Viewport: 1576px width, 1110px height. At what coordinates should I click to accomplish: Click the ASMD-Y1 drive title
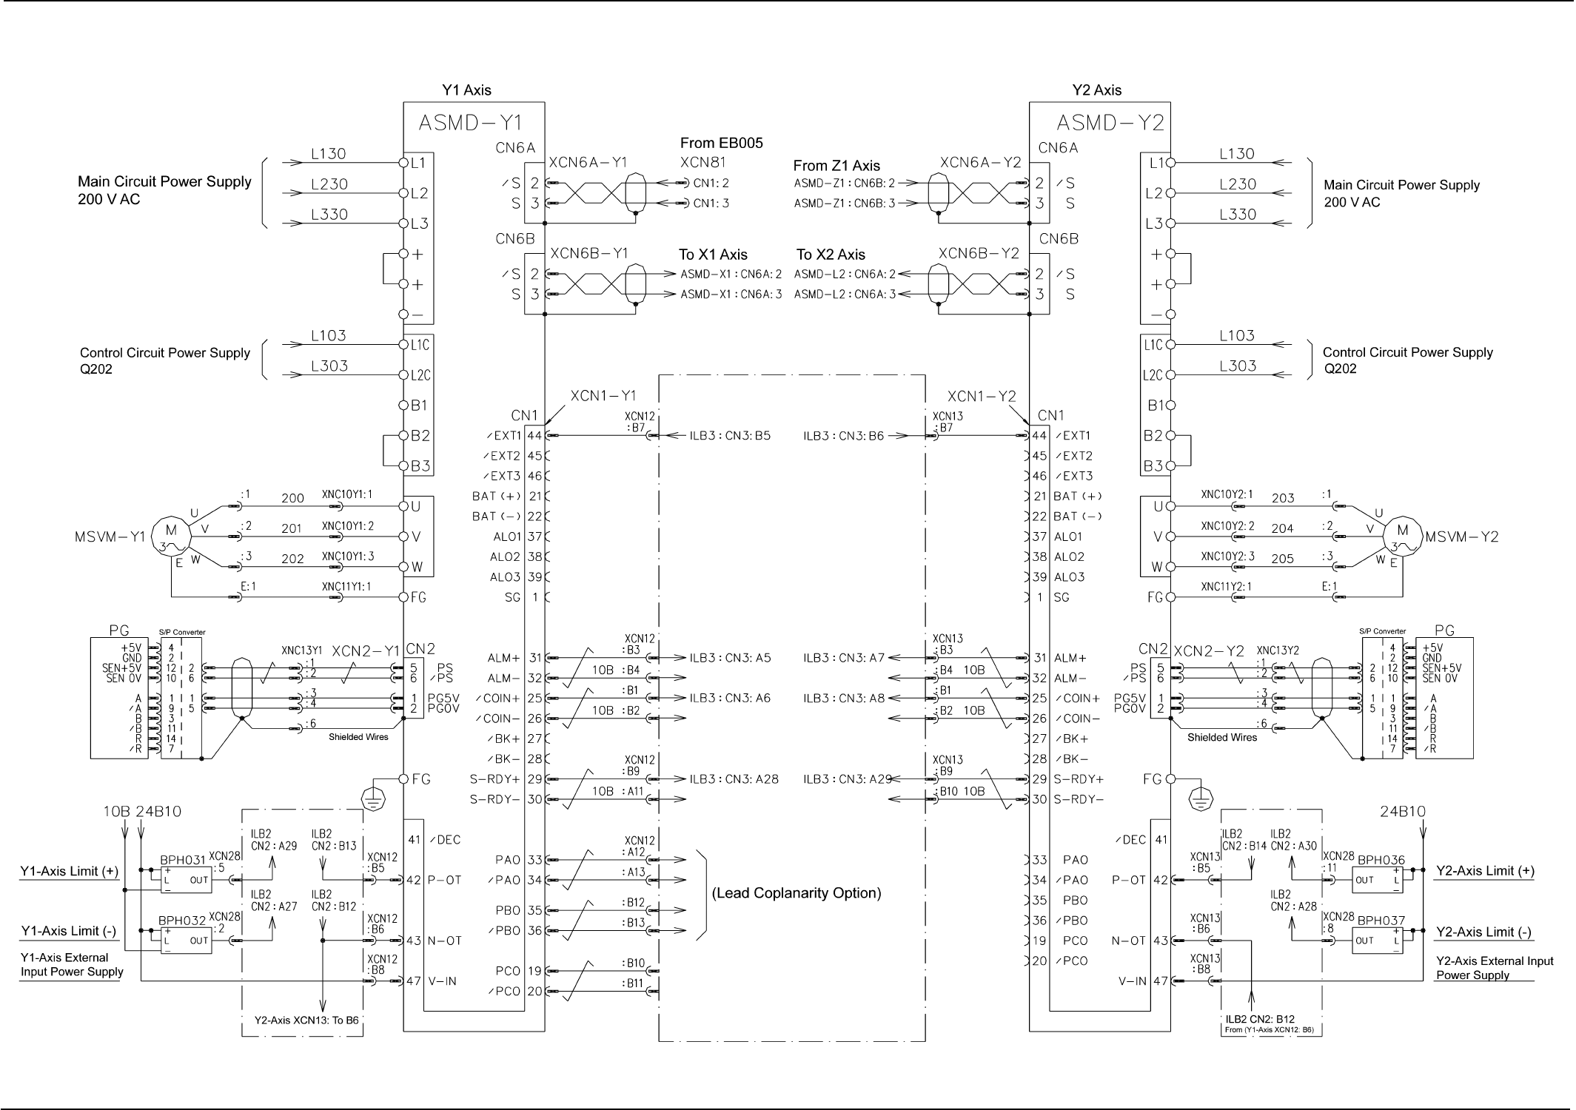[x=471, y=122]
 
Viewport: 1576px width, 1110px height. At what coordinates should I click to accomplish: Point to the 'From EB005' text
[x=721, y=143]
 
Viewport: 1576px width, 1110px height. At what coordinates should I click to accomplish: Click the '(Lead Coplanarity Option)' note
[x=797, y=893]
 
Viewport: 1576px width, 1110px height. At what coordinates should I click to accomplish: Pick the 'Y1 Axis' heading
[x=466, y=90]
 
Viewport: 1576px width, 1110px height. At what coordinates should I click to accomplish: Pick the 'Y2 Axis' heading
[x=1096, y=90]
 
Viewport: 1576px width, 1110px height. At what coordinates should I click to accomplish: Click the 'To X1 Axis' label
[x=713, y=255]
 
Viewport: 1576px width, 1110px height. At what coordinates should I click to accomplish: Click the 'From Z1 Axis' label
[x=836, y=166]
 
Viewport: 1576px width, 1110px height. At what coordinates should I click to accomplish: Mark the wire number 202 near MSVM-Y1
[x=292, y=559]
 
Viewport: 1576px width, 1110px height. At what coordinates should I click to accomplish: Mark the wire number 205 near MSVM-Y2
[x=1282, y=559]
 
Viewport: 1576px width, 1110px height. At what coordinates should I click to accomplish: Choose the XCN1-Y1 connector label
[x=603, y=396]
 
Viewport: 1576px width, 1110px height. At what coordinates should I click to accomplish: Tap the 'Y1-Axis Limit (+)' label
[x=69, y=871]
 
